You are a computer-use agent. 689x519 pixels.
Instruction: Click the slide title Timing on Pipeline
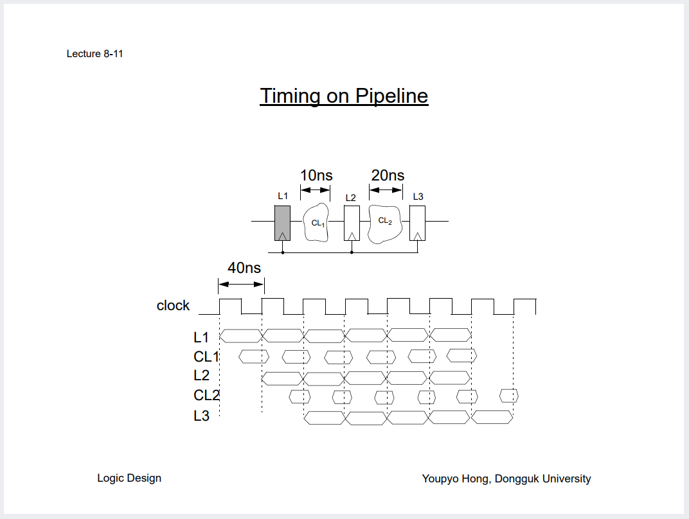[344, 96]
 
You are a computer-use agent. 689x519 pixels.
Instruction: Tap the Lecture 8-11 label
[94, 54]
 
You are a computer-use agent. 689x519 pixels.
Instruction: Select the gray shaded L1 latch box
[282, 223]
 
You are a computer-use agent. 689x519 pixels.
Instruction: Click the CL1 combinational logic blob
[316, 223]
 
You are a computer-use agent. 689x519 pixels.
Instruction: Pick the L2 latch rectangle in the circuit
[352, 223]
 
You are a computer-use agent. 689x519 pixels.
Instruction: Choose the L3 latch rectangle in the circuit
[418, 223]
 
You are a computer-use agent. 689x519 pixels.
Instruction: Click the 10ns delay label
[316, 175]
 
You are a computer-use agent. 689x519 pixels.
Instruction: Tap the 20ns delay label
[388, 175]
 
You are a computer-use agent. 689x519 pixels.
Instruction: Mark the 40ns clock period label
[244, 268]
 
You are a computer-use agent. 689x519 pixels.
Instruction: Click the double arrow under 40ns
[241, 284]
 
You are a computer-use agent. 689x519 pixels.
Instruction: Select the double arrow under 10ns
[315, 189]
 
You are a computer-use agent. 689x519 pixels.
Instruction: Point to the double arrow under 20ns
[386, 189]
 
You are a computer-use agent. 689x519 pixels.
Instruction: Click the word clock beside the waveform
[173, 306]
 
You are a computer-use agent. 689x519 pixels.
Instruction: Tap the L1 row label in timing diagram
[201, 337]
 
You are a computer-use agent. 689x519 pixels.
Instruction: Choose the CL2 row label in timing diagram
[206, 396]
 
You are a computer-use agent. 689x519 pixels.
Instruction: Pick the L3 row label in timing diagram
[201, 416]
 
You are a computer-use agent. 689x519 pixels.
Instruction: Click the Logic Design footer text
[129, 478]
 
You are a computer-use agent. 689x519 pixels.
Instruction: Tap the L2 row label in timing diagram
[201, 376]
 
